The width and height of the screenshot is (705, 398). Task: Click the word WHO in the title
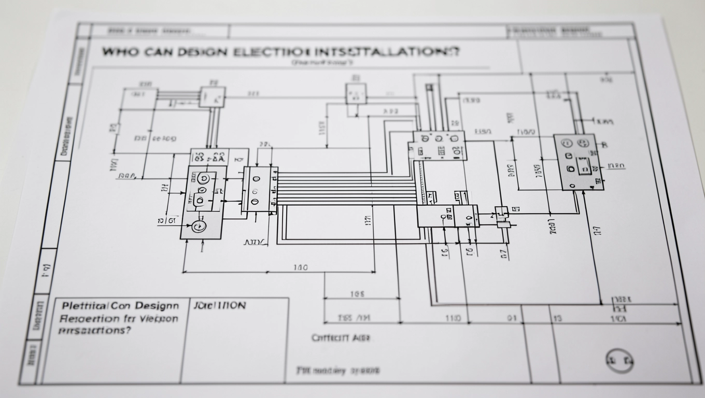[118, 52]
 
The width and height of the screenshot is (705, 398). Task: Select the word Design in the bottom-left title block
[158, 306]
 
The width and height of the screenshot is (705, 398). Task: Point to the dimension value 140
[300, 268]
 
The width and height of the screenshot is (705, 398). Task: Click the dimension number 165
[358, 294]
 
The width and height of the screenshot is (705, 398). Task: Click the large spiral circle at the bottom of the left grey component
[198, 226]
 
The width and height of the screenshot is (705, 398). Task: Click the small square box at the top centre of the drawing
[356, 93]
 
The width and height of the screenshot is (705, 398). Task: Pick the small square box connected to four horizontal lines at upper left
[213, 96]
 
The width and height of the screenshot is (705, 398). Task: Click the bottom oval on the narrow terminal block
[255, 201]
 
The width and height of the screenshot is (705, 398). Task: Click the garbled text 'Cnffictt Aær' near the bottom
[341, 338]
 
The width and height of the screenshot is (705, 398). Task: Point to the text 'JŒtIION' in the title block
[219, 305]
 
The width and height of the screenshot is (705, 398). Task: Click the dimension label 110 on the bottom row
[453, 318]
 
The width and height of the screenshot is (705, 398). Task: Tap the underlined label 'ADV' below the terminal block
[255, 241]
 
